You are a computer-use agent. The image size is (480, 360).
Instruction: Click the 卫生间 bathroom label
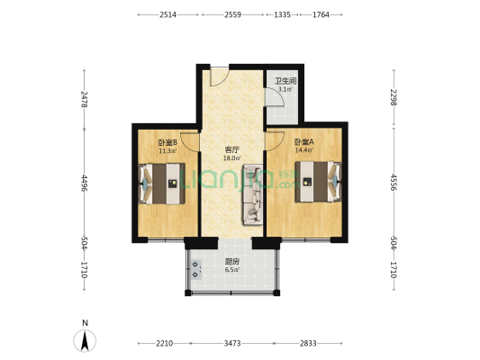point(285,81)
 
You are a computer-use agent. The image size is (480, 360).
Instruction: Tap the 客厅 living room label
point(231,149)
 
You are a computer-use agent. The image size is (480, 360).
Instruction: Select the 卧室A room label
point(303,142)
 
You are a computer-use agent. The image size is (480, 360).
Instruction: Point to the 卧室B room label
point(168,142)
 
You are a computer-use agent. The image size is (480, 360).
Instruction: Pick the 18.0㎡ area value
point(231,158)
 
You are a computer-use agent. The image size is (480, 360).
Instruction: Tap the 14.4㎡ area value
point(303,150)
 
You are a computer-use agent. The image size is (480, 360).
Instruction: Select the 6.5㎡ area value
point(231,269)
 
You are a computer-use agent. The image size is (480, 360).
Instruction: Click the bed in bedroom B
point(160,184)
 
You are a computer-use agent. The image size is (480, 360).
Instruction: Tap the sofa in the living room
point(251,194)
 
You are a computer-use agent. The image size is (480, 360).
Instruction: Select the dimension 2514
point(168,14)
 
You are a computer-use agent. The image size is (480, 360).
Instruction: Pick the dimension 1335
point(282,14)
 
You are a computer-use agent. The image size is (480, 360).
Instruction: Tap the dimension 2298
point(394,98)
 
